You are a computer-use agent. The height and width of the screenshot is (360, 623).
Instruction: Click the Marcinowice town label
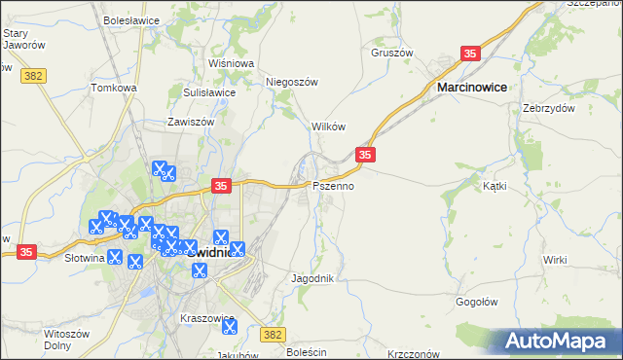pos(472,88)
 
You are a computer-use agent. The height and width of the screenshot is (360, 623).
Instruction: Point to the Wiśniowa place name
pos(231,63)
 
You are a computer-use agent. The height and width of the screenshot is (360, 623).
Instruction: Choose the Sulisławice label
pos(209,92)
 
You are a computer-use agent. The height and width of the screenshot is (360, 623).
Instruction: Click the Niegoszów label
pos(293,83)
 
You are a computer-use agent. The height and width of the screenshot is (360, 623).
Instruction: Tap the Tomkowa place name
pos(114,88)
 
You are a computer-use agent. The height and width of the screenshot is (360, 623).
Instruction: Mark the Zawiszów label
pos(191,123)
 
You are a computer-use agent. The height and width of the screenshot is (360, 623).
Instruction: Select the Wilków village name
pos(328,127)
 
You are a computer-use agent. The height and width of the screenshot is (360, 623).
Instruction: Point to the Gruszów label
pos(392,53)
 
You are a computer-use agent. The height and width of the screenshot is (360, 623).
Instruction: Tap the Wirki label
pos(555,260)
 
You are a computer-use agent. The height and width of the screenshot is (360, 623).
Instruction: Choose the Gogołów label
pos(478,302)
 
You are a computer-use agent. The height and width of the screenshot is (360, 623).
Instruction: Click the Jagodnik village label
pos(313,278)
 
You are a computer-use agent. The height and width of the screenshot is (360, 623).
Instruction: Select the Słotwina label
pos(84,259)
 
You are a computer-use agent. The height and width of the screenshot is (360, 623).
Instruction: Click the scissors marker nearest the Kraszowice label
pos(228,328)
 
